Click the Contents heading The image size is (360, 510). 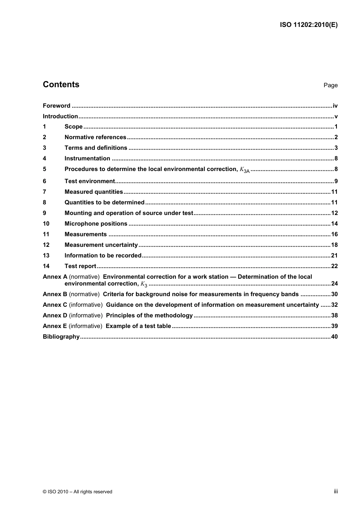tap(61, 85)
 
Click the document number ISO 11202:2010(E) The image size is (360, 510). tap(308, 25)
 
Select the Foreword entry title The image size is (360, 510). tap(56, 106)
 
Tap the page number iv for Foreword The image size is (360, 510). tap(335, 106)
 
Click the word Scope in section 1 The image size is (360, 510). tap(74, 127)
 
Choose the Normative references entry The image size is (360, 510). tap(95, 137)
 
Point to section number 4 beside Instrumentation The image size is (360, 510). tap(44, 158)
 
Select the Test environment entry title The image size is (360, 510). tap(89, 181)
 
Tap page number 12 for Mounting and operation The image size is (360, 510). tap(334, 213)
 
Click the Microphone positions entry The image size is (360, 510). tap(96, 224)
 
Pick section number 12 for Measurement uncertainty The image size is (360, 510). tap(46, 245)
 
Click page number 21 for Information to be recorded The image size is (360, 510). tap(334, 256)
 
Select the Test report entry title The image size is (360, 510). tap(80, 266)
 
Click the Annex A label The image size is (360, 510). tap(55, 277)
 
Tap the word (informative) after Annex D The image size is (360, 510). tap(86, 315)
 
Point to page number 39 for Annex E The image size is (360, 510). tap(334, 326)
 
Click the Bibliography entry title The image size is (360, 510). tap(61, 337)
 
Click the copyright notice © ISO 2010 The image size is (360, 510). tap(77, 492)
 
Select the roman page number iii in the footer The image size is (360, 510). tap(336, 491)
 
